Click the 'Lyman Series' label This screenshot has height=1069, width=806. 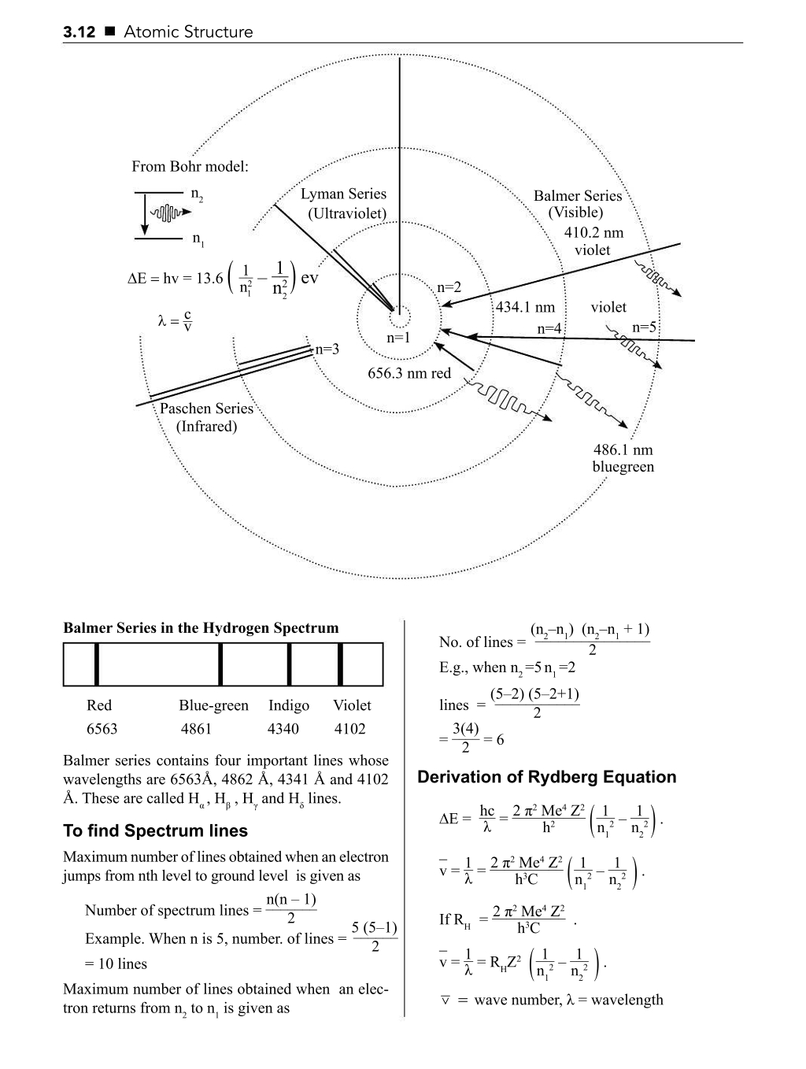point(343,194)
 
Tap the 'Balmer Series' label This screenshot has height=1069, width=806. point(577,196)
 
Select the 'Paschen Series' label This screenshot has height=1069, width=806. point(206,409)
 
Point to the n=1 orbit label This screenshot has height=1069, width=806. point(399,338)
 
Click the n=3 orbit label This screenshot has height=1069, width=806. point(327,350)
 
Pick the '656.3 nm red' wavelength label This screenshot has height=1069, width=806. point(409,373)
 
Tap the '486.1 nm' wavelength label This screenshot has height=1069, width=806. point(623,450)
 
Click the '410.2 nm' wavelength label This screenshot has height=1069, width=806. point(593,233)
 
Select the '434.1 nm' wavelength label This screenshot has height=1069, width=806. point(525,308)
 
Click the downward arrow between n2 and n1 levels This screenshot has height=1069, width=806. point(144,215)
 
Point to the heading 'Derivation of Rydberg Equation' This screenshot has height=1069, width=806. point(546,778)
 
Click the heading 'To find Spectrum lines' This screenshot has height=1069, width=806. point(155,831)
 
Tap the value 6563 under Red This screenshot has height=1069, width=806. point(102,729)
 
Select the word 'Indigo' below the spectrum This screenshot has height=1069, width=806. point(288,705)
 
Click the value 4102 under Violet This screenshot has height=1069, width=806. point(349,729)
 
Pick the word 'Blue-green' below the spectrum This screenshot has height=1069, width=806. point(213,705)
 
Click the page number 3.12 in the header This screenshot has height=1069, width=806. point(79,32)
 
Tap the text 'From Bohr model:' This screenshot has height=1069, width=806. point(190,167)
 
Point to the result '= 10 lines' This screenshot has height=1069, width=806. point(116,964)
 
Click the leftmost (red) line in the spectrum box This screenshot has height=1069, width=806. point(96,664)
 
